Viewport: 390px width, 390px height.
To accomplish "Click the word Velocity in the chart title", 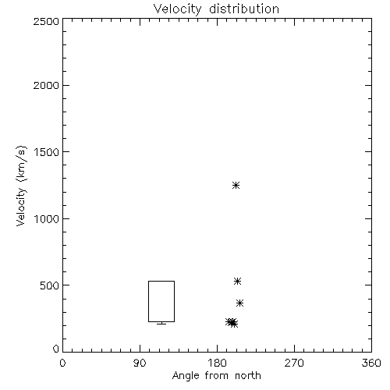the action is click(x=178, y=9).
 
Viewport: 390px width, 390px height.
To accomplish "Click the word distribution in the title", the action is click(x=244, y=9).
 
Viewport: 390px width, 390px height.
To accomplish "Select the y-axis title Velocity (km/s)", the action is click(x=22, y=186).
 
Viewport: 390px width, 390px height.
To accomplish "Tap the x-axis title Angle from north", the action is click(x=217, y=376).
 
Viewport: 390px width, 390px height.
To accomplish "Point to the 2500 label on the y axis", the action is click(x=46, y=21).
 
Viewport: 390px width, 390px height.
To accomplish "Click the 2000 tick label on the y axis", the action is click(x=46, y=85).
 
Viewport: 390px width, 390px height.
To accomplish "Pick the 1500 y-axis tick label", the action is click(x=47, y=152).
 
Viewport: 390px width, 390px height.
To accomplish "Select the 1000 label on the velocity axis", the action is click(x=47, y=219).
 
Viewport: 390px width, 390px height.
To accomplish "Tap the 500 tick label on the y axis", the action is click(x=50, y=285).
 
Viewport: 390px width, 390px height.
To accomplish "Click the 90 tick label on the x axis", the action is click(x=140, y=363).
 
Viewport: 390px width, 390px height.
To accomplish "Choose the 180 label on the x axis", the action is click(x=217, y=363).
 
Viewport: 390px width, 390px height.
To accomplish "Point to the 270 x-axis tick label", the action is click(x=294, y=363).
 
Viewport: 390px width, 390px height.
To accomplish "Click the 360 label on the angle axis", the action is click(x=371, y=363).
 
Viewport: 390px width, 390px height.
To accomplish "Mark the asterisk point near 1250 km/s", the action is click(x=236, y=186).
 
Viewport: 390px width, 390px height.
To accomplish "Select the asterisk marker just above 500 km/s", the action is click(x=237, y=281).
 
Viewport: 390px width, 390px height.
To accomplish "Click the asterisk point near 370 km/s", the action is click(x=239, y=303).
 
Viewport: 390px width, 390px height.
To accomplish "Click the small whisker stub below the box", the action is click(x=161, y=323).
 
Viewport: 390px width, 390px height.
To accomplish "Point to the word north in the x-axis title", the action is click(x=248, y=376).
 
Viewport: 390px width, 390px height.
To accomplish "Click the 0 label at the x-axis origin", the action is click(x=62, y=363).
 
